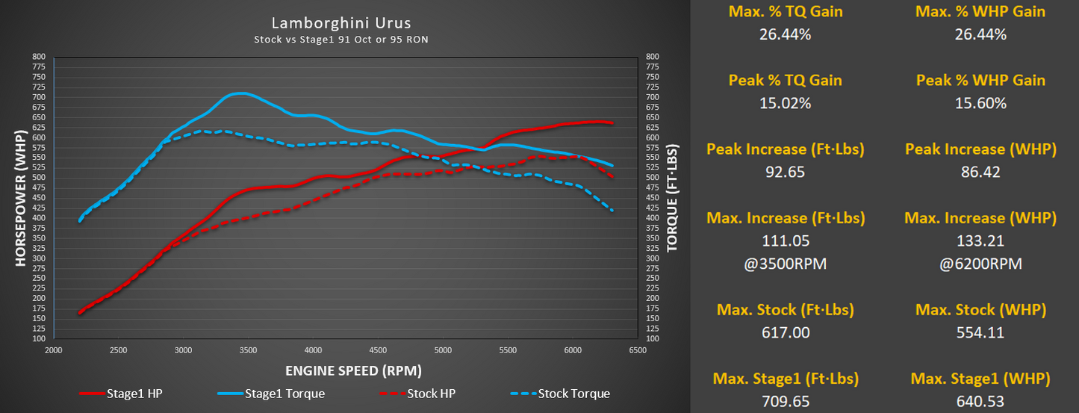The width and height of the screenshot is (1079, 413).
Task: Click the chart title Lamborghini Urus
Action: tap(342, 23)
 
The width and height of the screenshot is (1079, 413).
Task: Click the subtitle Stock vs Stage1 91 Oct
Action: tap(341, 39)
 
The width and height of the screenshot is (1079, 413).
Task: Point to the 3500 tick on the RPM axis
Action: tap(249, 350)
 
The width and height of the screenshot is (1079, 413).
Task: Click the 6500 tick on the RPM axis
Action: tap(638, 350)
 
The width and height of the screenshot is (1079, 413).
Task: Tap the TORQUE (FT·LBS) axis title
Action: tap(672, 197)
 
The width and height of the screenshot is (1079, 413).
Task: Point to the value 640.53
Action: tap(980, 402)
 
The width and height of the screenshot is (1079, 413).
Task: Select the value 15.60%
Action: tap(980, 103)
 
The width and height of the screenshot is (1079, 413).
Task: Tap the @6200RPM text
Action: tap(980, 264)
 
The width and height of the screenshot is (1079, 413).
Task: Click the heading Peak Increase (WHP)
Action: tap(980, 149)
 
